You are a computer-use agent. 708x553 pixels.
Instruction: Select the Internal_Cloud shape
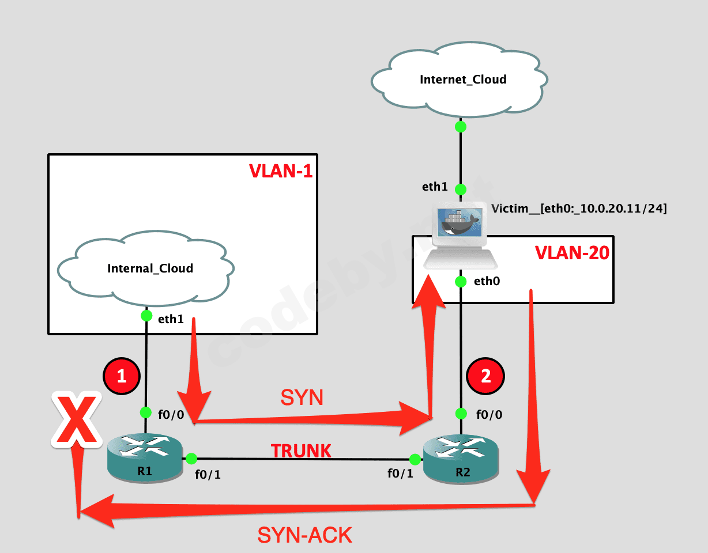[146, 268]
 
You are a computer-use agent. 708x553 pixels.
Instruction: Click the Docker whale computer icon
[460, 237]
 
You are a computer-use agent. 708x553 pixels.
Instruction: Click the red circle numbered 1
[121, 376]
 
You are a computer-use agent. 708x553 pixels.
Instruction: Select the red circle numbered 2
[486, 376]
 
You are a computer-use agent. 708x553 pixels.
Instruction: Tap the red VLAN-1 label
[280, 171]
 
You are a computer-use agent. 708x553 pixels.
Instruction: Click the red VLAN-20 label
[572, 253]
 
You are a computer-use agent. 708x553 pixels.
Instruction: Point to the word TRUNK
[302, 451]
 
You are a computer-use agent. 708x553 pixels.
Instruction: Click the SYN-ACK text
[304, 535]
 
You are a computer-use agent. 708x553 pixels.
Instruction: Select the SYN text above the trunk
[302, 397]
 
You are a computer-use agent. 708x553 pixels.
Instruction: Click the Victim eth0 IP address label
[579, 209]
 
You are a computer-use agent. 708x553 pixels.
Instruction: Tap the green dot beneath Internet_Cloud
[460, 127]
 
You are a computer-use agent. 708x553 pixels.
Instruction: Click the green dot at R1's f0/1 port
[191, 459]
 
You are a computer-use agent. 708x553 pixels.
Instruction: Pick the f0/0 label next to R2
[489, 414]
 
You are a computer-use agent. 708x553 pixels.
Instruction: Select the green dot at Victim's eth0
[460, 282]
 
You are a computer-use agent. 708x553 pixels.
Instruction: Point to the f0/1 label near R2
[400, 474]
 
